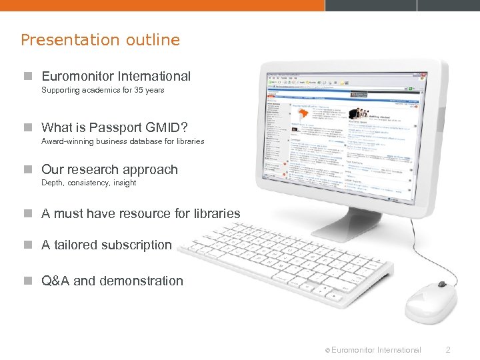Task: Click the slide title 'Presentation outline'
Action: pyautogui.click(x=100, y=40)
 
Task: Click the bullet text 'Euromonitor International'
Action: pyautogui.click(x=115, y=77)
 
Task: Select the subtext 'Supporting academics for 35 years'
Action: pyautogui.click(x=103, y=90)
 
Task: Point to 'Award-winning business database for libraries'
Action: pyautogui.click(x=123, y=141)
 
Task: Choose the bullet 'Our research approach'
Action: pyautogui.click(x=109, y=169)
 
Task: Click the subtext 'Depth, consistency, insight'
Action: pyautogui.click(x=89, y=183)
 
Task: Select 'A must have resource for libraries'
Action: pyautogui.click(x=140, y=214)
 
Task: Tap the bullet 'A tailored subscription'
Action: pyautogui.click(x=106, y=245)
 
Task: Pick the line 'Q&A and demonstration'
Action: pyautogui.click(x=112, y=281)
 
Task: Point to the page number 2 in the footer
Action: pyautogui.click(x=448, y=349)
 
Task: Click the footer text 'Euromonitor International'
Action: pyautogui.click(x=375, y=349)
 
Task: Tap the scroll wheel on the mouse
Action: pyautogui.click(x=441, y=285)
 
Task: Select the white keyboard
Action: pyautogui.click(x=287, y=257)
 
